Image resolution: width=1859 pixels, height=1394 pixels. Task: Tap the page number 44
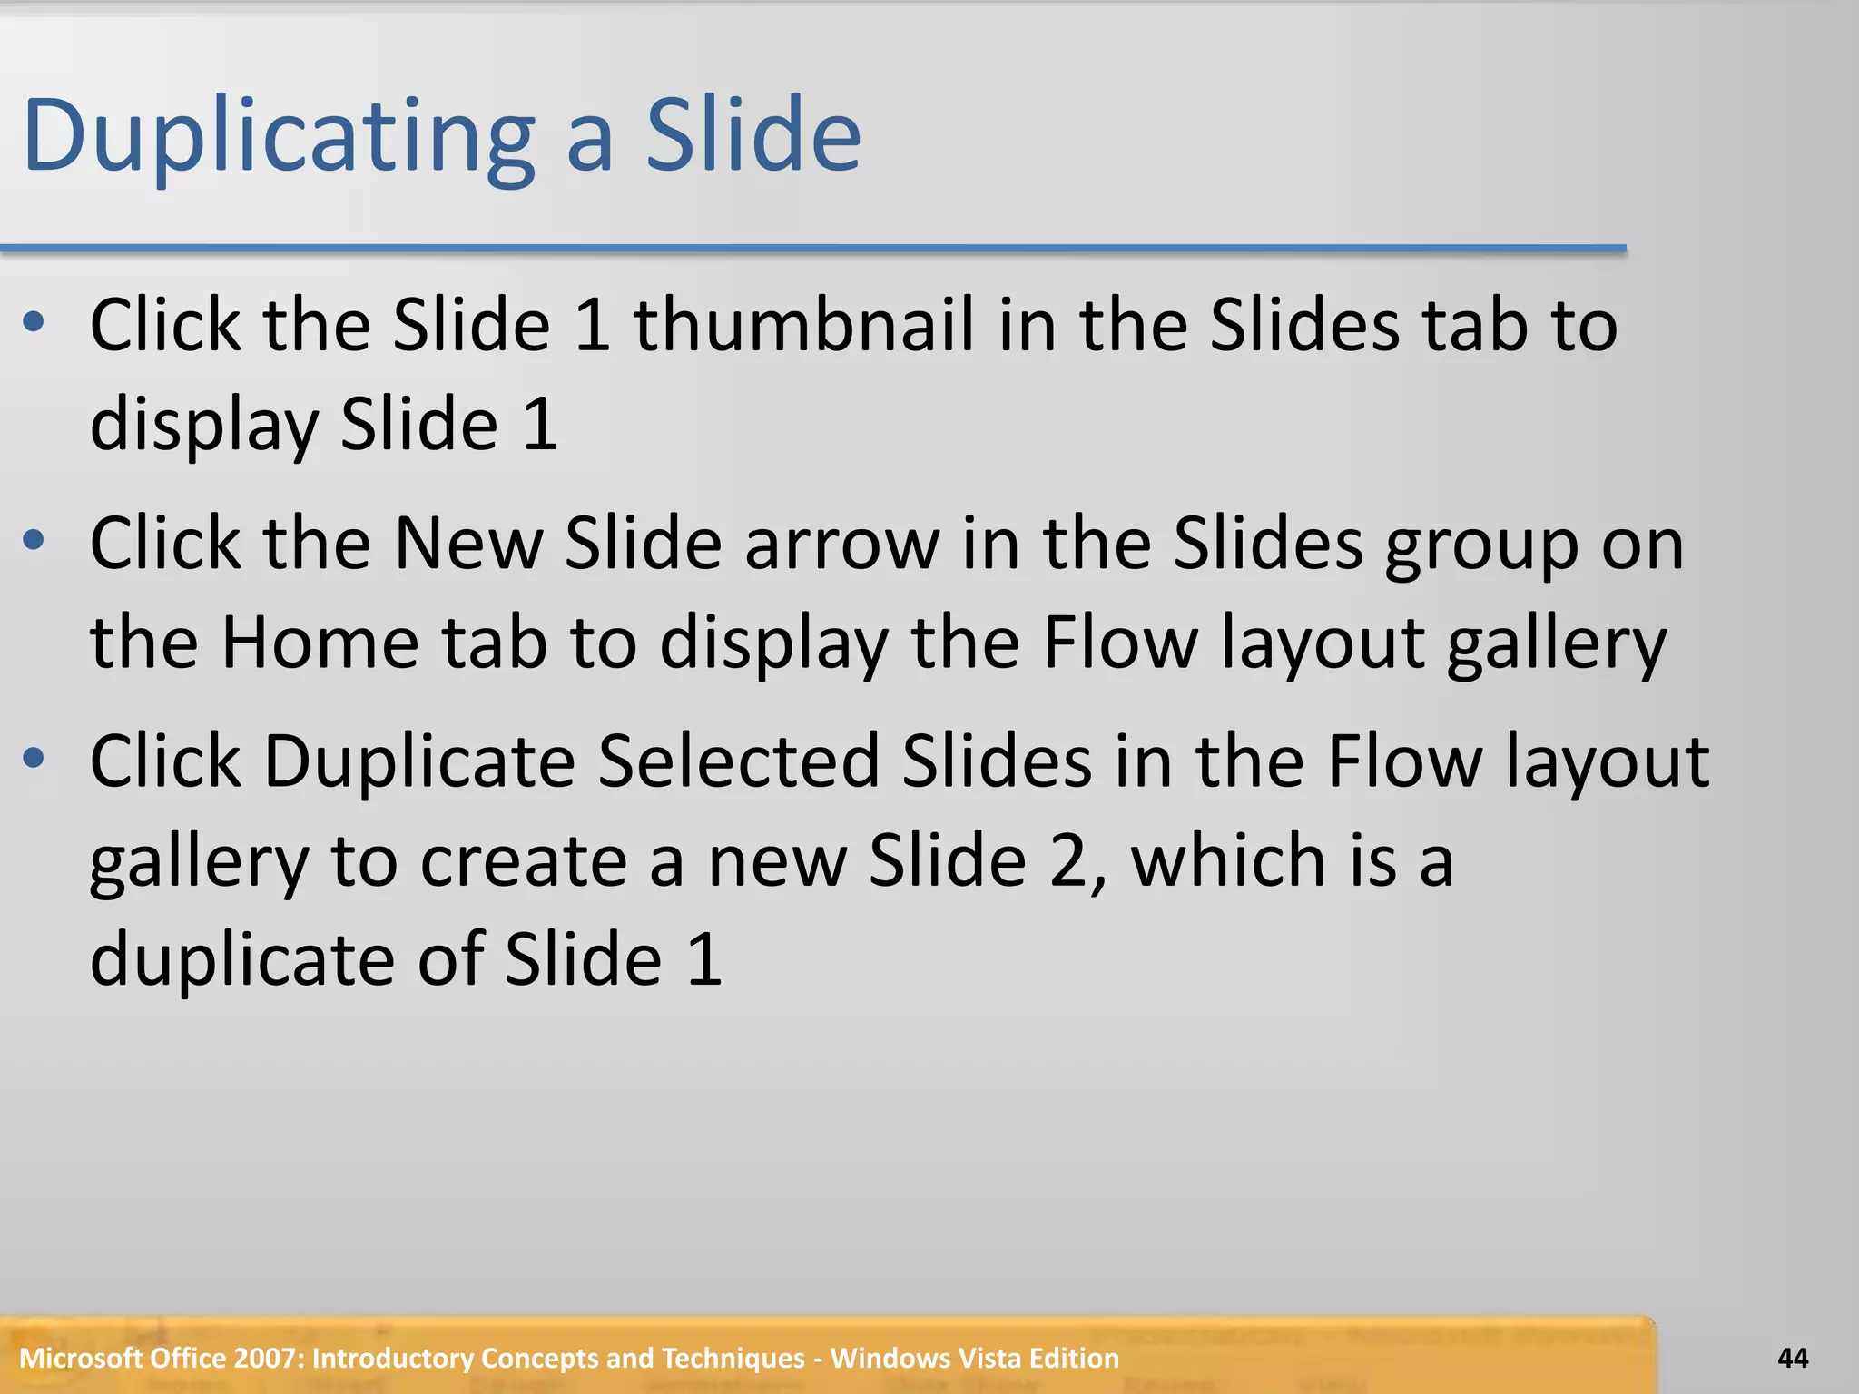click(x=1792, y=1359)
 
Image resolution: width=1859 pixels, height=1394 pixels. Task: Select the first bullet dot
click(x=34, y=322)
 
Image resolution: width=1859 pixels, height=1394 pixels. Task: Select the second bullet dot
click(x=34, y=541)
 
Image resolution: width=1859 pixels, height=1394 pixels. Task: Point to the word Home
click(x=320, y=643)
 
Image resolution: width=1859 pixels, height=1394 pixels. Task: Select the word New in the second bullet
click(x=468, y=545)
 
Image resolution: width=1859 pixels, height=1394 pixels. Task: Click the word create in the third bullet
click(x=523, y=861)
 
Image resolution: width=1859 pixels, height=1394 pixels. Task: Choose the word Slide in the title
click(x=752, y=136)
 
